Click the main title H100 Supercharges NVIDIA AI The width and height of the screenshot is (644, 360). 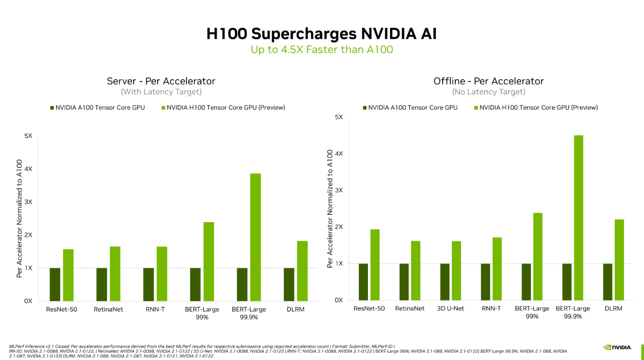click(322, 34)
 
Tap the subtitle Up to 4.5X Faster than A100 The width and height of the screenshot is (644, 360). click(322, 50)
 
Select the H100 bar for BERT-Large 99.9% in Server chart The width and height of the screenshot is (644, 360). click(255, 237)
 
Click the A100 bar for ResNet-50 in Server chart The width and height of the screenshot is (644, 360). click(55, 284)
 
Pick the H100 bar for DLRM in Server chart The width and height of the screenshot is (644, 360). click(302, 271)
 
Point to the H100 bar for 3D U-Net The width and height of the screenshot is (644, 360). click(456, 270)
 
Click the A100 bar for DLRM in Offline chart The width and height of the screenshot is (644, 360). click(608, 282)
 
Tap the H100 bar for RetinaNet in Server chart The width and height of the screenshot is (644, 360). click(115, 273)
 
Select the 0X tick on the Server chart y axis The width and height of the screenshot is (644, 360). click(28, 301)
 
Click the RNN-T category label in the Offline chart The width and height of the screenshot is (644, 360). click(491, 309)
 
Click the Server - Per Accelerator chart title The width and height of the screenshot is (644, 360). click(161, 81)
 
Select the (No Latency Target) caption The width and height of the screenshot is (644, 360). click(489, 92)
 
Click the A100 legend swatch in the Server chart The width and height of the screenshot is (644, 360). click(52, 108)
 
